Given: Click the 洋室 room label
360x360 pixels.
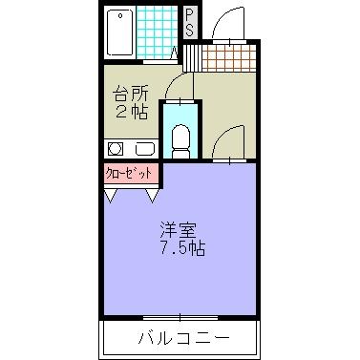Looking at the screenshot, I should (x=179, y=230).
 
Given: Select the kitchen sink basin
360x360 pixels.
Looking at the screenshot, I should (x=145, y=149).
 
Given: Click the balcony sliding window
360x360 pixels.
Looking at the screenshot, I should (x=181, y=316).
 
